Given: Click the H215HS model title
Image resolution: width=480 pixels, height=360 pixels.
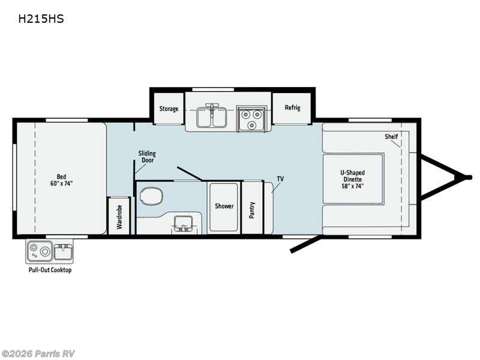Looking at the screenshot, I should click(41, 19).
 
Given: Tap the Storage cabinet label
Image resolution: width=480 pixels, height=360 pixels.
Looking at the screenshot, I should click(169, 109).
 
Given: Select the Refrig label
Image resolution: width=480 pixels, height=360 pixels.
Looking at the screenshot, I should click(292, 108).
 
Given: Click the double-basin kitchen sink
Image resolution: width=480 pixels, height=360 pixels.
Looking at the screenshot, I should click(211, 117).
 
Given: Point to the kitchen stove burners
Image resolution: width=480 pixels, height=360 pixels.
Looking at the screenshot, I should click(251, 118).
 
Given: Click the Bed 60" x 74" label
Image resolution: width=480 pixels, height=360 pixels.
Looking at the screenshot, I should click(61, 180).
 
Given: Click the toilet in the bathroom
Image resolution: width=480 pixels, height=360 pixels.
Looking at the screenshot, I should click(151, 196).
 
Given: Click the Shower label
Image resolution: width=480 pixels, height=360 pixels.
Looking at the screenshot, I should click(224, 206).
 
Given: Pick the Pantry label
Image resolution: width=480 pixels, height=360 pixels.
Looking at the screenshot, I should click(252, 209).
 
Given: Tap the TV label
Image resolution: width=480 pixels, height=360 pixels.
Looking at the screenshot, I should click(280, 179).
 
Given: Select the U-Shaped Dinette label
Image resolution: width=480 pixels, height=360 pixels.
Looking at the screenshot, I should click(353, 179).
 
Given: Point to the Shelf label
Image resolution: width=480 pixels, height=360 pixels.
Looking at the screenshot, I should click(391, 137).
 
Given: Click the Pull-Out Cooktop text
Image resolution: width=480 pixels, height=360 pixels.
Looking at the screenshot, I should click(50, 270).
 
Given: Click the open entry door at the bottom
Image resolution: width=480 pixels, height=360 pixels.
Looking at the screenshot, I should click(304, 244).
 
